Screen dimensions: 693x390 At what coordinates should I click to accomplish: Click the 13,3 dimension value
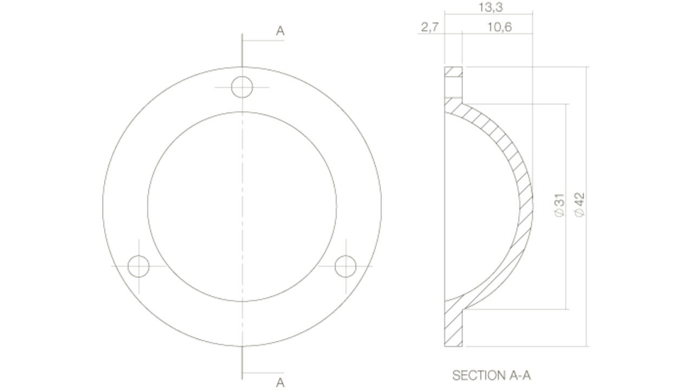(x=491, y=8)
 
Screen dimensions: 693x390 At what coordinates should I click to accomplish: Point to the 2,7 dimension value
(x=430, y=27)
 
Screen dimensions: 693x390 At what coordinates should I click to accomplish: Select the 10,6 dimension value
(x=500, y=27)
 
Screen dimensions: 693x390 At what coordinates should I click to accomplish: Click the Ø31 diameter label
(x=560, y=205)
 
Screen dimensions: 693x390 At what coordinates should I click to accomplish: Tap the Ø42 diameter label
(x=579, y=205)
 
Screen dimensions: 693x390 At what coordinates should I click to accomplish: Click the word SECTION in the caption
(x=479, y=375)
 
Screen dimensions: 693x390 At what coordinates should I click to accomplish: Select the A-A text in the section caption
(x=520, y=375)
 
